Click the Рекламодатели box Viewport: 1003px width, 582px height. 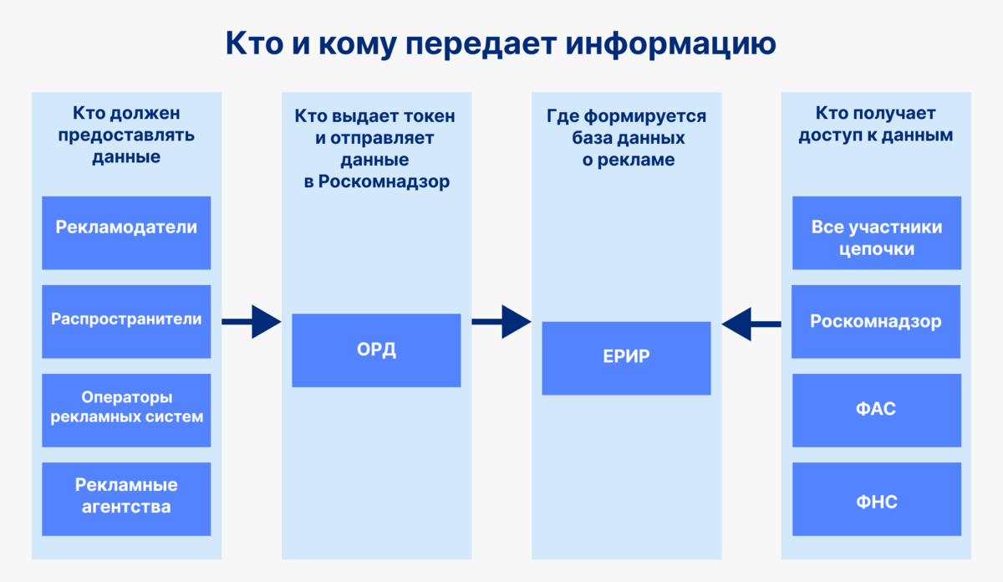point(126,232)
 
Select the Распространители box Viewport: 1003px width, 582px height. point(126,321)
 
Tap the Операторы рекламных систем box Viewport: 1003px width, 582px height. point(126,410)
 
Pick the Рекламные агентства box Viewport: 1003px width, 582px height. point(126,498)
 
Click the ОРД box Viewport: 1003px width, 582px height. point(376,350)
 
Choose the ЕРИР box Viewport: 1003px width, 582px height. point(626,358)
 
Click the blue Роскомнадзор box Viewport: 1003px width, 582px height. point(876,321)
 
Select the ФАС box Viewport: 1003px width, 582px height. point(876,410)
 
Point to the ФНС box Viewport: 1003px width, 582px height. point(876,502)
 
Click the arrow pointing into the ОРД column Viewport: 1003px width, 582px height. point(252,321)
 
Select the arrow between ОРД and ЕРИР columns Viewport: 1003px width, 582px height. point(501,321)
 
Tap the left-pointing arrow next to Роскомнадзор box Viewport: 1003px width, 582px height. point(751,323)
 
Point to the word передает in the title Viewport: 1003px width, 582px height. point(492,44)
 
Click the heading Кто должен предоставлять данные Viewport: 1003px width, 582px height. point(126,135)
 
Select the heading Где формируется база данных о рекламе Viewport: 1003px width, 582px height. point(626,138)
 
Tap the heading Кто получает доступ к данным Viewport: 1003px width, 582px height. point(876,124)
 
